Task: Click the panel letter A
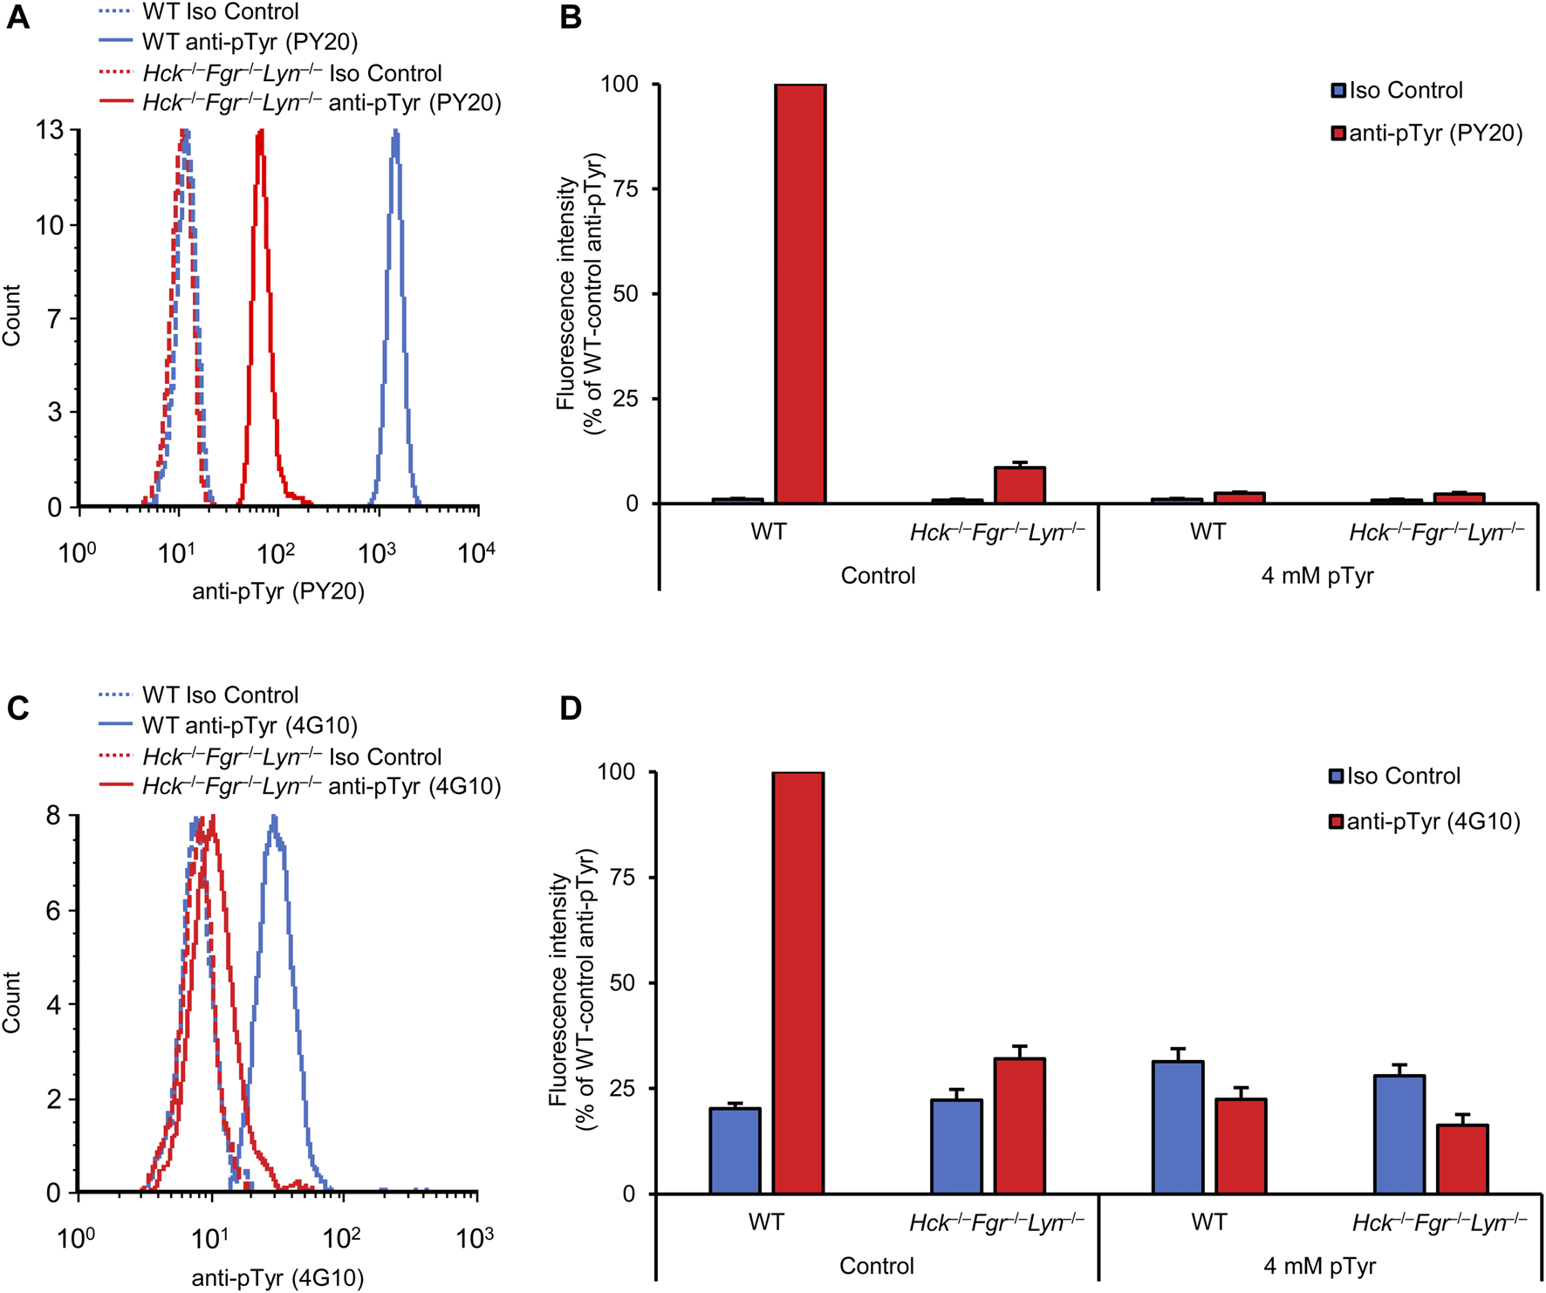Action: point(17,17)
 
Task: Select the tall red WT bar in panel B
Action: point(800,294)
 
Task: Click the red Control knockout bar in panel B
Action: point(1020,486)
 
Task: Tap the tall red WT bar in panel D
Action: point(798,982)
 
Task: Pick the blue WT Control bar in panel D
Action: point(735,1151)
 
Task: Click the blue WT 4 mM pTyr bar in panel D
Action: point(1178,1127)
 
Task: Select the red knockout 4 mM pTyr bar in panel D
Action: point(1462,1160)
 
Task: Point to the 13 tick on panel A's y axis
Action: point(50,131)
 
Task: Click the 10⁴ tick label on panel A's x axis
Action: point(476,552)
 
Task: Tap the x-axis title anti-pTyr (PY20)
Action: point(278,592)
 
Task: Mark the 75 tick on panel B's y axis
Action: point(625,189)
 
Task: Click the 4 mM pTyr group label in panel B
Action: point(1317,576)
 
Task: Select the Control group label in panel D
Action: point(877,1266)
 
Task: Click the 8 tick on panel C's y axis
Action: point(54,816)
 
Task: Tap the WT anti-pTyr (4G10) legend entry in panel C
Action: point(250,726)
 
